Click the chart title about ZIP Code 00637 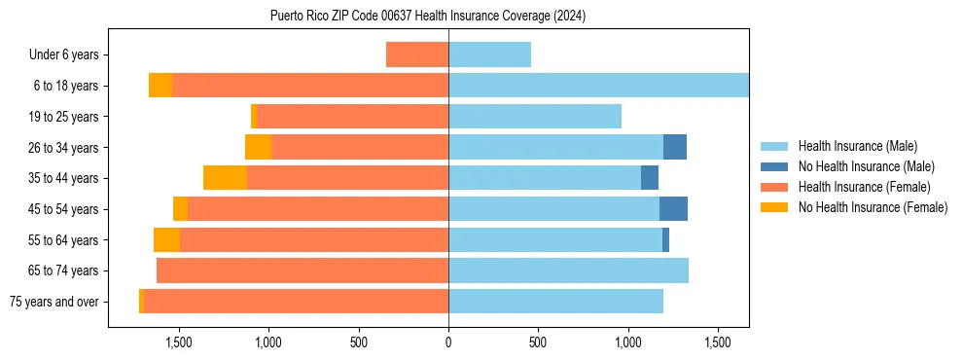pyautogui.click(x=428, y=16)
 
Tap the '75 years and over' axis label pyautogui.click(x=53, y=302)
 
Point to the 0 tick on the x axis pyautogui.click(x=448, y=342)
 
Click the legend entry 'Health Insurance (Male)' pyautogui.click(x=857, y=146)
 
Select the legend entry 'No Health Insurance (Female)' pyautogui.click(x=873, y=207)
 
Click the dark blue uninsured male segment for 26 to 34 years pyautogui.click(x=675, y=147)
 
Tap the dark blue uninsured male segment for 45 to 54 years pyautogui.click(x=673, y=209)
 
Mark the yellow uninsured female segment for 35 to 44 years pyautogui.click(x=225, y=178)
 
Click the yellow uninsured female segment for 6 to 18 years pyautogui.click(x=160, y=86)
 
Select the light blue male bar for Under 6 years pyautogui.click(x=489, y=54)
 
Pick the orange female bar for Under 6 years pyautogui.click(x=417, y=54)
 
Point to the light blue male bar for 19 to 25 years pyautogui.click(x=535, y=117)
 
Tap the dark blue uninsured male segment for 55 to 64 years pyautogui.click(x=665, y=239)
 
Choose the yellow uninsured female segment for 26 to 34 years pyautogui.click(x=258, y=147)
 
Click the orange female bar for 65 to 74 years pyautogui.click(x=303, y=270)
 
